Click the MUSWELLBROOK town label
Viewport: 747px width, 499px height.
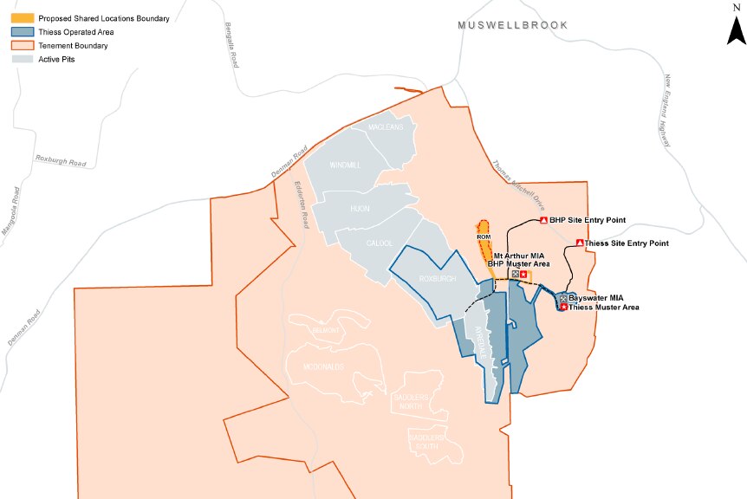pyautogui.click(x=512, y=26)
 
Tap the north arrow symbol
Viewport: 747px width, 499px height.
pyautogui.click(x=736, y=30)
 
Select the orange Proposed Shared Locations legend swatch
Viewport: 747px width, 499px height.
pyautogui.click(x=23, y=18)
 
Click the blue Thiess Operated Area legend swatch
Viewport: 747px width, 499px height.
pyautogui.click(x=23, y=32)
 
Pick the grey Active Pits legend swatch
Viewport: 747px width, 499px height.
pyautogui.click(x=23, y=60)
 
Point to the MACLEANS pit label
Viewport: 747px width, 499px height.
pyautogui.click(x=386, y=128)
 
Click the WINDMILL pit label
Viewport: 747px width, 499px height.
pyautogui.click(x=345, y=165)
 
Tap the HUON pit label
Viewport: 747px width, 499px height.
pyautogui.click(x=359, y=209)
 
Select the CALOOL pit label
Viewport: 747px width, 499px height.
pyautogui.click(x=380, y=243)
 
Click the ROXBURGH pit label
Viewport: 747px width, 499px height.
pyautogui.click(x=437, y=279)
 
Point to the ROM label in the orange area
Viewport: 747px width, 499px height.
pyautogui.click(x=484, y=237)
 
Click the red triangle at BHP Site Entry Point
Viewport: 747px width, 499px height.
pyautogui.click(x=543, y=221)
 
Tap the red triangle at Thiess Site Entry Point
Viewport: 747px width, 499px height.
pyautogui.click(x=579, y=243)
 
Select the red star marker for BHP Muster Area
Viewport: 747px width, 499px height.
pyautogui.click(x=523, y=275)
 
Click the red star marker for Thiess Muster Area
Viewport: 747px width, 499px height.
pyautogui.click(x=563, y=307)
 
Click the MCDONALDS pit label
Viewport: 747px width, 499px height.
pyautogui.click(x=324, y=367)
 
